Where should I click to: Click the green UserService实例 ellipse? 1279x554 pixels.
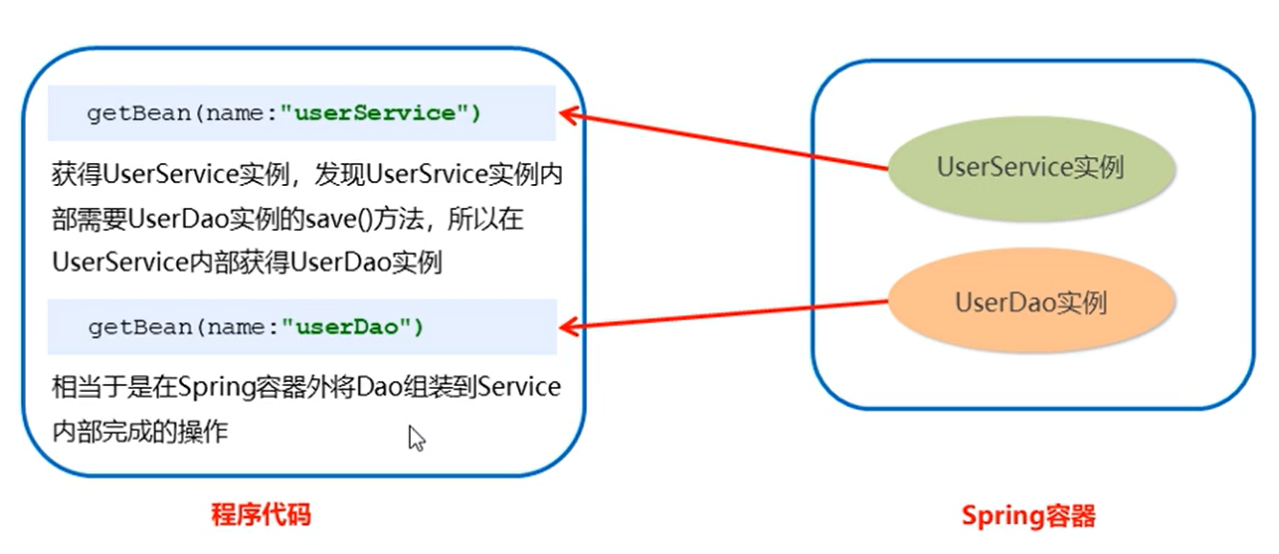(1029, 167)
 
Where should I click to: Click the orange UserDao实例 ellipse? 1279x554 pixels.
(1029, 301)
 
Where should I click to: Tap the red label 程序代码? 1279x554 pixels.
(262, 515)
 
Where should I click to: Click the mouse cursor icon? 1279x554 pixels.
(416, 438)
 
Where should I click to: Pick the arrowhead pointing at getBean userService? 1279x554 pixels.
(569, 114)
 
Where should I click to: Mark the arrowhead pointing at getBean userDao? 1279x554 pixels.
(569, 325)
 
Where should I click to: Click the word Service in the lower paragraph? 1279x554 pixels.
(519, 387)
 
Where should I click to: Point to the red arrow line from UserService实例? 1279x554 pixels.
(726, 141)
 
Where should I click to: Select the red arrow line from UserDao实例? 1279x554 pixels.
(726, 313)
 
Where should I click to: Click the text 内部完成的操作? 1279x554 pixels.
(140, 432)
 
